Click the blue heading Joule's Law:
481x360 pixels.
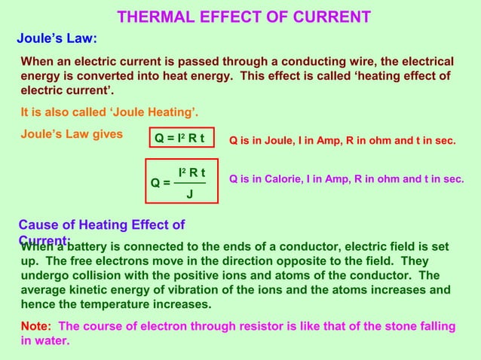click(57, 38)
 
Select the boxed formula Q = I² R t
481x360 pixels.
click(179, 139)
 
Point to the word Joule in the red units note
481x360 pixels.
click(276, 139)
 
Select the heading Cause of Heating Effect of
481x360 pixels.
click(101, 224)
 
